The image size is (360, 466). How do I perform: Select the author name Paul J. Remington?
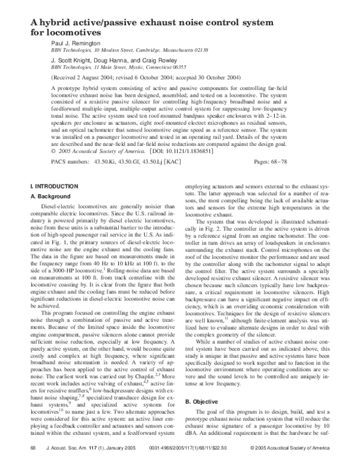75,44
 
